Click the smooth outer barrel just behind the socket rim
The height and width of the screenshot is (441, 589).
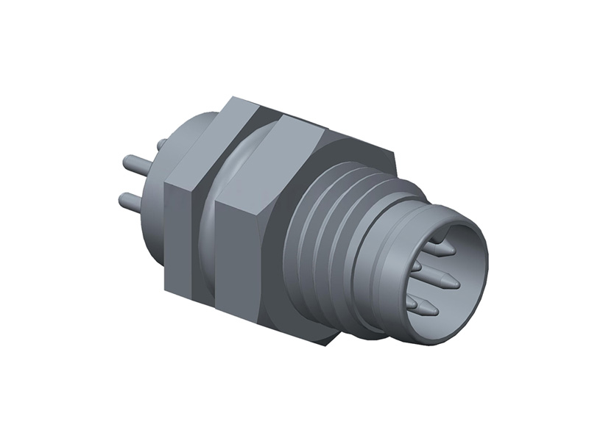click(390, 294)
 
